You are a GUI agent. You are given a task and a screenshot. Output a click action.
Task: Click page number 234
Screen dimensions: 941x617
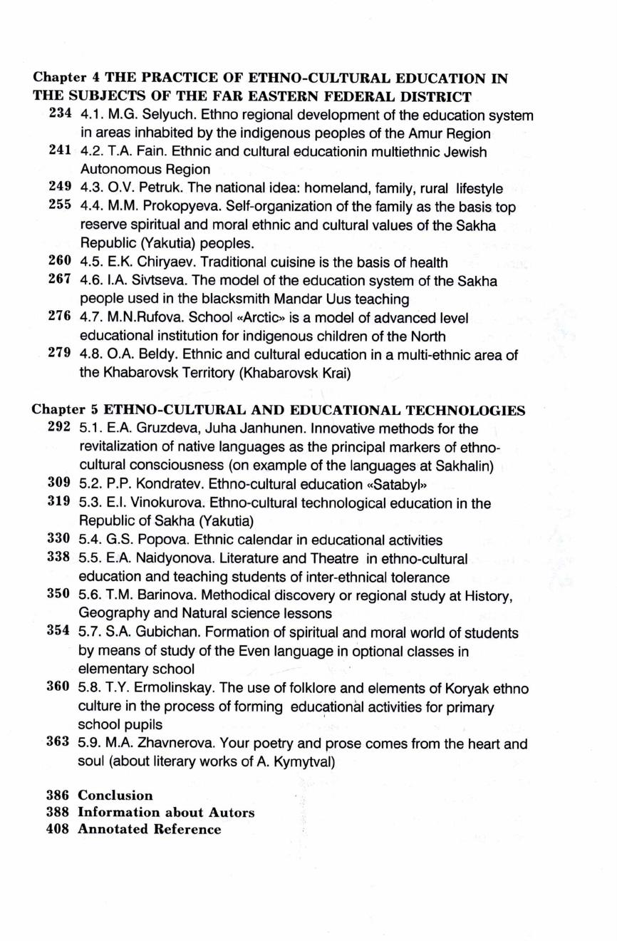[x=59, y=115]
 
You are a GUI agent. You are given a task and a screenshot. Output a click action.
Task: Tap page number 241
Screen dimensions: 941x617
[x=59, y=152]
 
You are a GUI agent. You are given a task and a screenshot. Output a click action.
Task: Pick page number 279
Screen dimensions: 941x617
[x=59, y=354]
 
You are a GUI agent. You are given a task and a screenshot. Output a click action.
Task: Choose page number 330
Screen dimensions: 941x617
[x=59, y=540]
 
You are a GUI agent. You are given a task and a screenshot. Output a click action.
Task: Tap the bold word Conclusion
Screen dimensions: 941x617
[x=115, y=795]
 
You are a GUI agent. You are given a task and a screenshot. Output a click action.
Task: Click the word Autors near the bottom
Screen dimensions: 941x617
[x=232, y=813]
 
